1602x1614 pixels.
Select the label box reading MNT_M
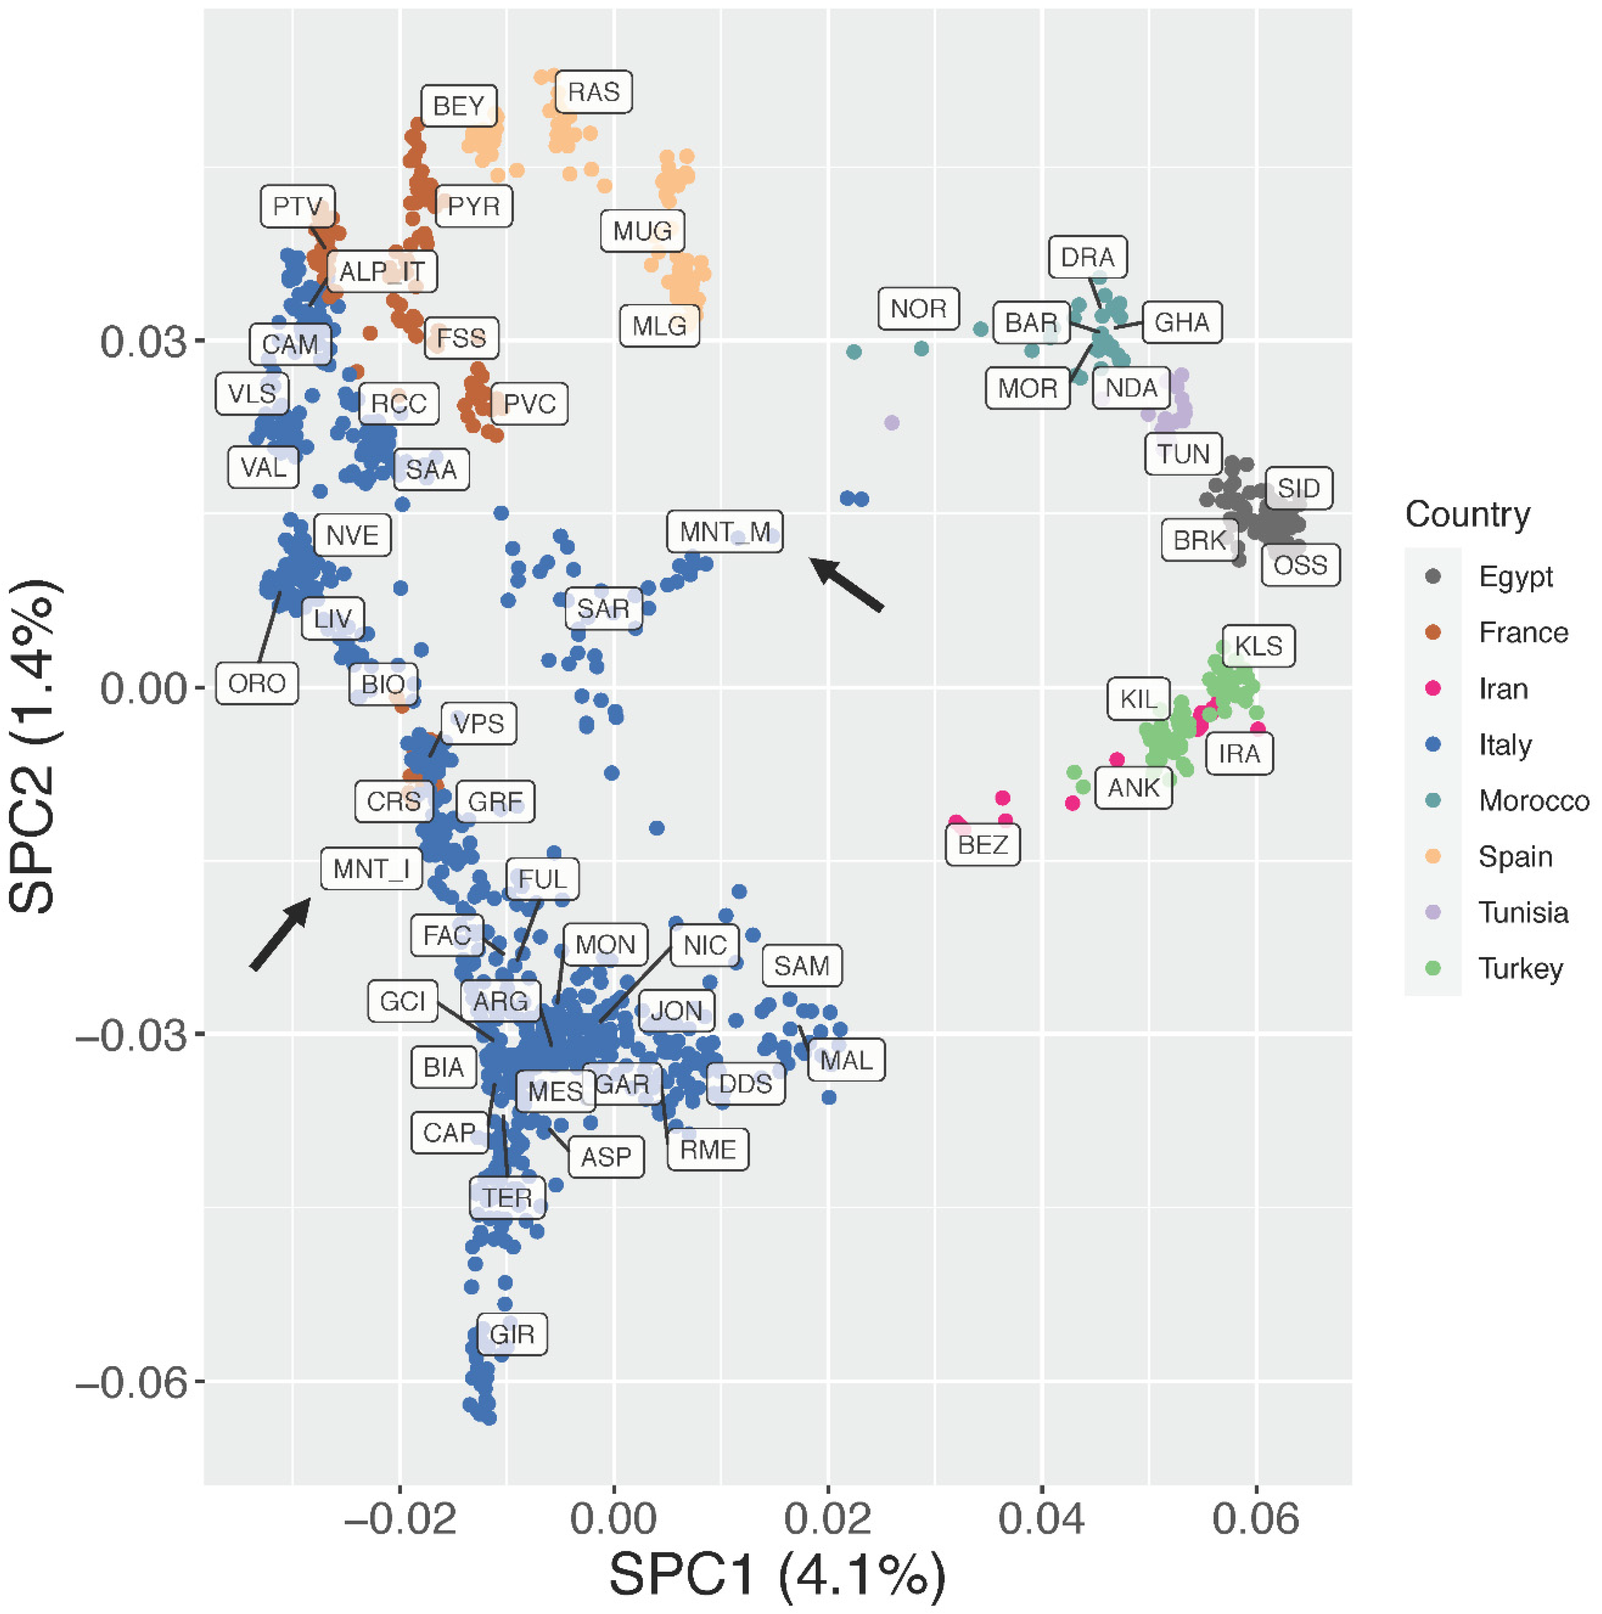click(x=725, y=531)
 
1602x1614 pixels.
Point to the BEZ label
click(x=983, y=845)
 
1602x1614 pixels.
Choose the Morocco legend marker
click(x=1433, y=801)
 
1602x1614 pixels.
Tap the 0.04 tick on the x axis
click(x=1042, y=1518)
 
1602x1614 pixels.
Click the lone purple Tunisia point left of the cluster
click(x=892, y=423)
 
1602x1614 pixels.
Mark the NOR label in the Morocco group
click(x=918, y=309)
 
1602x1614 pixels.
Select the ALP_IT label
click(x=382, y=271)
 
